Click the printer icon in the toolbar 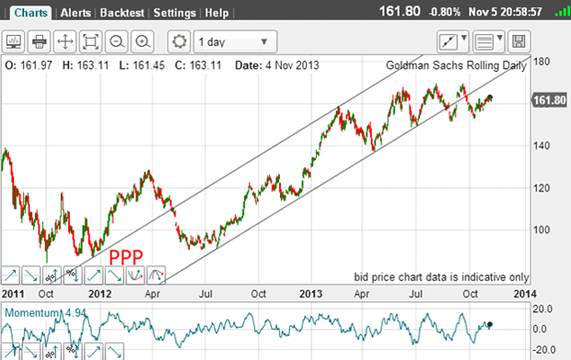(40, 41)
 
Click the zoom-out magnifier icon (117, 41)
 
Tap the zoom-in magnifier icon (143, 41)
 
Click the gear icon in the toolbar (180, 41)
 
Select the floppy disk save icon (519, 41)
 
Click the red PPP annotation (125, 258)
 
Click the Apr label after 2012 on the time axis (154, 293)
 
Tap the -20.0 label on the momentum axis (543, 349)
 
